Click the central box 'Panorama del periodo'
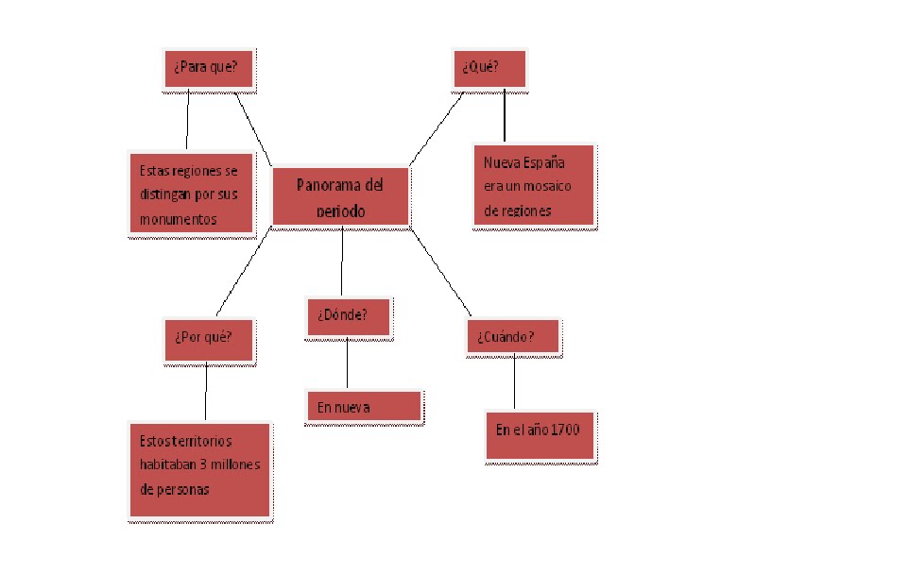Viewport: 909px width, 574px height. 341,197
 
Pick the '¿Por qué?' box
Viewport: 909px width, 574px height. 209,338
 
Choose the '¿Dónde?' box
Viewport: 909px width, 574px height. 349,316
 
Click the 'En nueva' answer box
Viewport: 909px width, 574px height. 365,407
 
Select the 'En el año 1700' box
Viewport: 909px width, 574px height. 540,433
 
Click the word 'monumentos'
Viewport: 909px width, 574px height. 179,219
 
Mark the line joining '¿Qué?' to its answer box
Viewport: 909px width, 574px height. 505,115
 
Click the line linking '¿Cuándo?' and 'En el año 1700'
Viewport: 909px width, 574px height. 514,382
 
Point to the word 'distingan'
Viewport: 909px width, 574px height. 168,195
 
